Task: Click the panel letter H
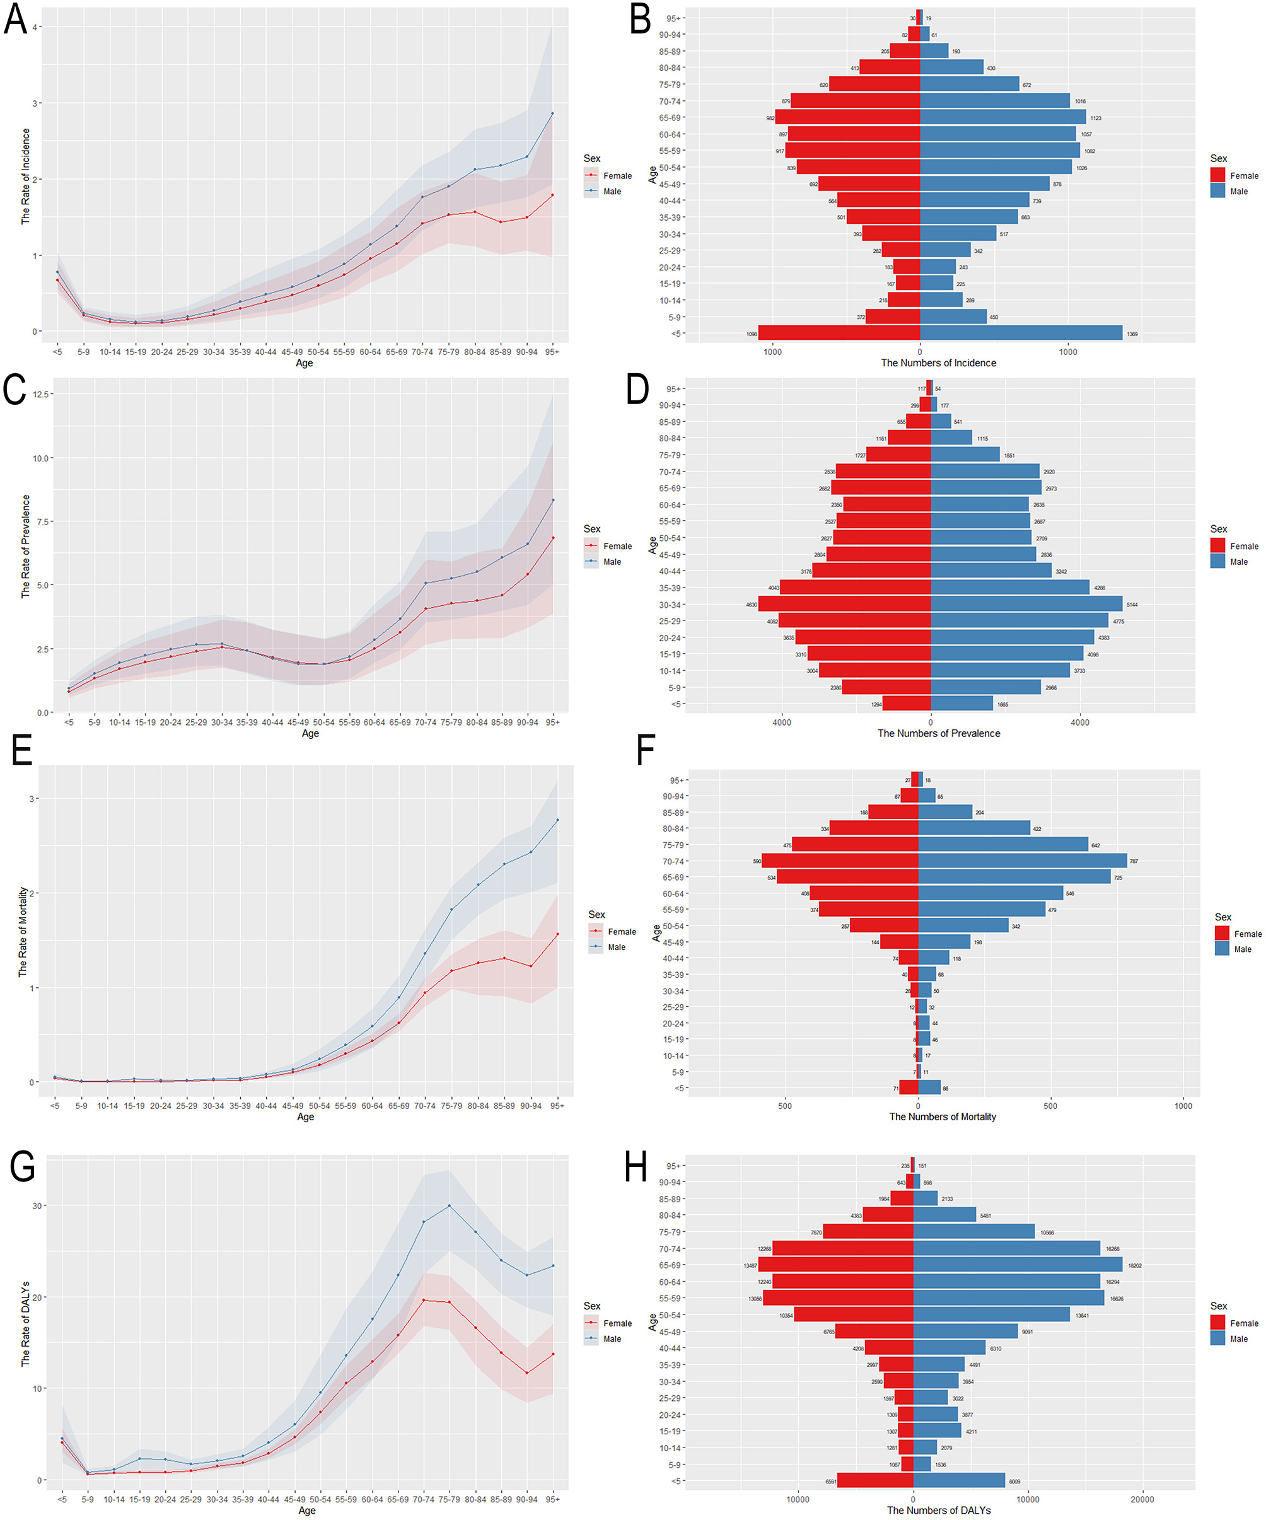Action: tap(636, 1168)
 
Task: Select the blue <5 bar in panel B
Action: tap(1021, 333)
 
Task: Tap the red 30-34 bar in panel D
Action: tap(844, 604)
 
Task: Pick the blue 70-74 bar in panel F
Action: tap(1022, 861)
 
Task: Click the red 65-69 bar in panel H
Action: tap(835, 1265)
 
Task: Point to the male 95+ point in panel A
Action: tap(552, 113)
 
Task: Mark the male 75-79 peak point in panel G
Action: tap(450, 1206)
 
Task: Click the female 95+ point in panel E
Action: tap(557, 934)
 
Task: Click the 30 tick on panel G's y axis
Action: tap(36, 1206)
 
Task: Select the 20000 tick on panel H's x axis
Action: tap(1142, 1499)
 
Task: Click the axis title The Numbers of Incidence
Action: tap(938, 363)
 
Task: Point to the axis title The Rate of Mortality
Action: tap(23, 932)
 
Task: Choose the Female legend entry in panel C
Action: tap(617, 546)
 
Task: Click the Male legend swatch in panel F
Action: tap(1222, 949)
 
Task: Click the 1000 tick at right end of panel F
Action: tap(1183, 1105)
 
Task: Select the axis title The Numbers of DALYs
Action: tap(938, 1510)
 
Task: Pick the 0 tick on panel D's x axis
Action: tap(931, 722)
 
